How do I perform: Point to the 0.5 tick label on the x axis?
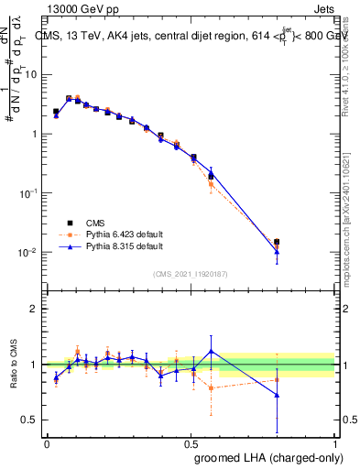point(191,443)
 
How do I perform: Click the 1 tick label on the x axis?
point(335,443)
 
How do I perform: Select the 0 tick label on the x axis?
point(47,443)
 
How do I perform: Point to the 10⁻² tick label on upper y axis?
point(29,252)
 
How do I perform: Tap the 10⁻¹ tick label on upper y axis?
point(29,193)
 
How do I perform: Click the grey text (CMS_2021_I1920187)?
point(191,273)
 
